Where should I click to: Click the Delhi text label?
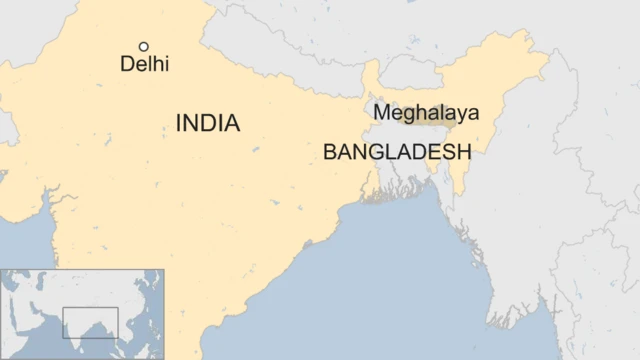[144, 64]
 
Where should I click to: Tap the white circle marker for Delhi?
[144, 46]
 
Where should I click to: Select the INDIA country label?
[208, 123]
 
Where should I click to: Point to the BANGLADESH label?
[396, 153]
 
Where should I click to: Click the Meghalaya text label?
[425, 113]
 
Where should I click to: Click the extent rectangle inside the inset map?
[90, 322]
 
